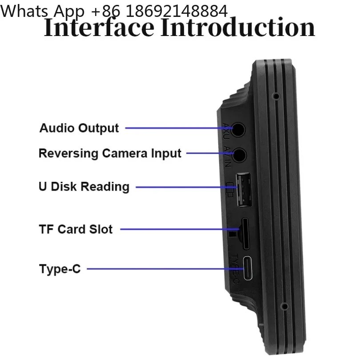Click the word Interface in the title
(99, 28)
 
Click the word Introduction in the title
(238, 28)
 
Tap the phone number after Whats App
(160, 11)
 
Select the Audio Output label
(79, 128)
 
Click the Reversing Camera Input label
(110, 153)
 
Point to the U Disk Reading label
(84, 186)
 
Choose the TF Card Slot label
(76, 229)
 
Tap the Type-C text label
(60, 269)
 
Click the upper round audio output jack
(238, 130)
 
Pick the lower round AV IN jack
(239, 155)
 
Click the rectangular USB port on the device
(244, 190)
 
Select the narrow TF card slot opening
(245, 233)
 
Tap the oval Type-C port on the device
(248, 268)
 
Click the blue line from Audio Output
(179, 128)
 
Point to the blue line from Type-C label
(165, 269)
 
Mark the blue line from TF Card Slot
(180, 229)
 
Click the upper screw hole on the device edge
(276, 96)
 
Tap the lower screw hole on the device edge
(285, 306)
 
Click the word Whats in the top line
(24, 11)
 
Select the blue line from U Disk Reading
(186, 187)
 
